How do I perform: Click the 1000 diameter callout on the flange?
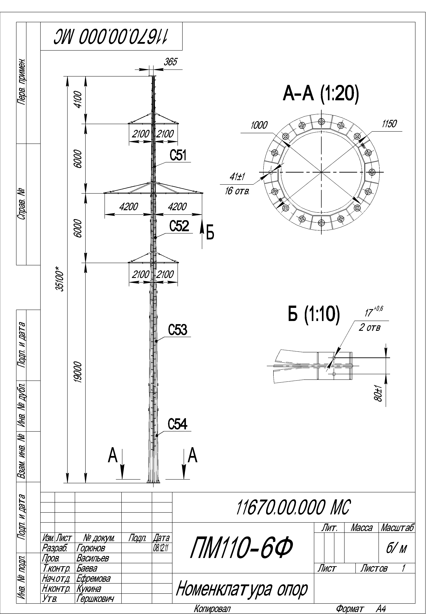click(259, 125)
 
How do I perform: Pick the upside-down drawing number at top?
click(111, 37)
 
